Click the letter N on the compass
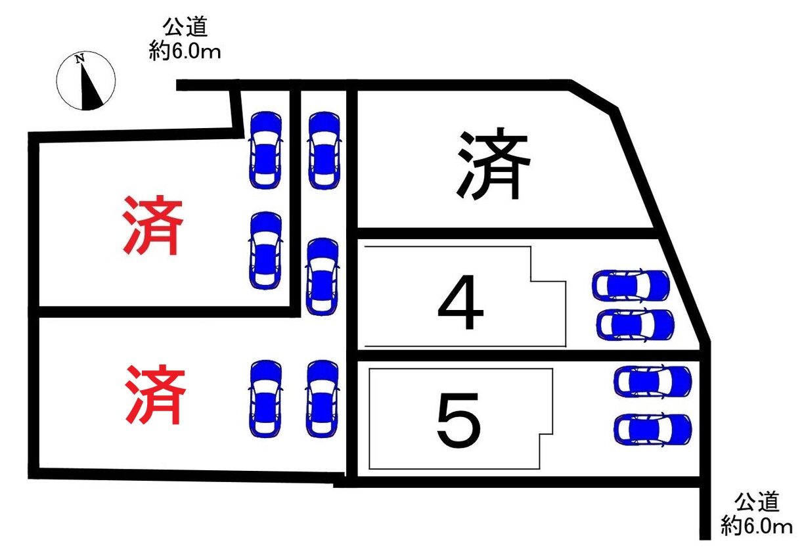[80, 59]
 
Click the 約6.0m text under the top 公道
[185, 51]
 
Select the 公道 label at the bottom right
[757, 502]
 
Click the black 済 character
[493, 165]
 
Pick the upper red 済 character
[152, 226]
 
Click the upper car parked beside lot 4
[631, 285]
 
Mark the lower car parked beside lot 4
[636, 324]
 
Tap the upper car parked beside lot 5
[653, 382]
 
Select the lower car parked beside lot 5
[653, 429]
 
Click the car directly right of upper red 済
[265, 250]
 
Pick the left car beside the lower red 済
[265, 399]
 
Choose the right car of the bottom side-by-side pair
[323, 399]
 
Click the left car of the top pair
[265, 150]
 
